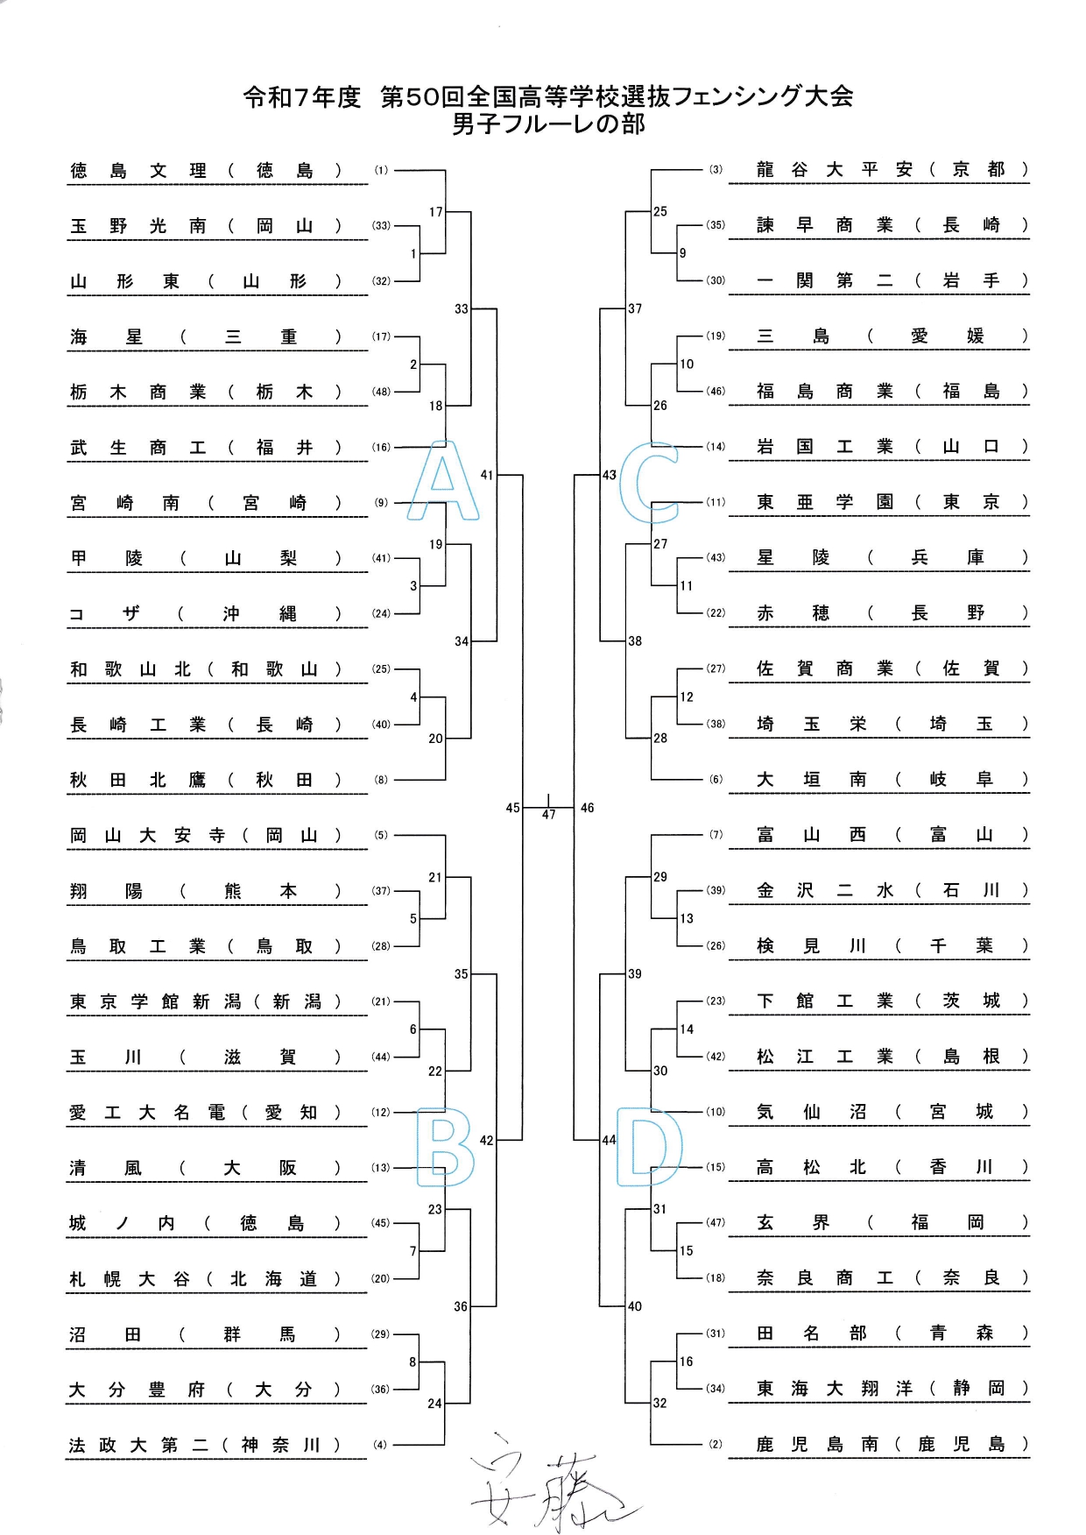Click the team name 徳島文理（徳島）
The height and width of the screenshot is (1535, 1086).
click(206, 171)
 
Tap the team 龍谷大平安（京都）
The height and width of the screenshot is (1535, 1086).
click(892, 170)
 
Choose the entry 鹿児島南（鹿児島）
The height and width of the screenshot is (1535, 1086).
click(892, 1444)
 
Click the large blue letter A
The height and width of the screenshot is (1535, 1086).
click(444, 483)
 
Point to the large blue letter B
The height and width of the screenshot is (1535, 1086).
click(445, 1148)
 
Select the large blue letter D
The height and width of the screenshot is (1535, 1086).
click(650, 1148)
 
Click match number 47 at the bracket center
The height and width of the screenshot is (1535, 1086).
click(548, 814)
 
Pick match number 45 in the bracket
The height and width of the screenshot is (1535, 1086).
click(512, 808)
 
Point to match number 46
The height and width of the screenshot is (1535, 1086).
click(587, 808)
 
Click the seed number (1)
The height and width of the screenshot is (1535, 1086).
click(381, 171)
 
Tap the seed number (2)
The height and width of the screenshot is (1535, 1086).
click(716, 1444)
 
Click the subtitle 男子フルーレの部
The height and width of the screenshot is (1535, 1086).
click(548, 124)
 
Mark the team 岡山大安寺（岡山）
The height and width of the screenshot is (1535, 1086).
click(206, 836)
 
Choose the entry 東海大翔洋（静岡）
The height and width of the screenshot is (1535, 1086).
click(892, 1389)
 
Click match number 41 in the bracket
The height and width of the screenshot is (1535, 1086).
click(487, 475)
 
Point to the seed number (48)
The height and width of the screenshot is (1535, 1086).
click(381, 392)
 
